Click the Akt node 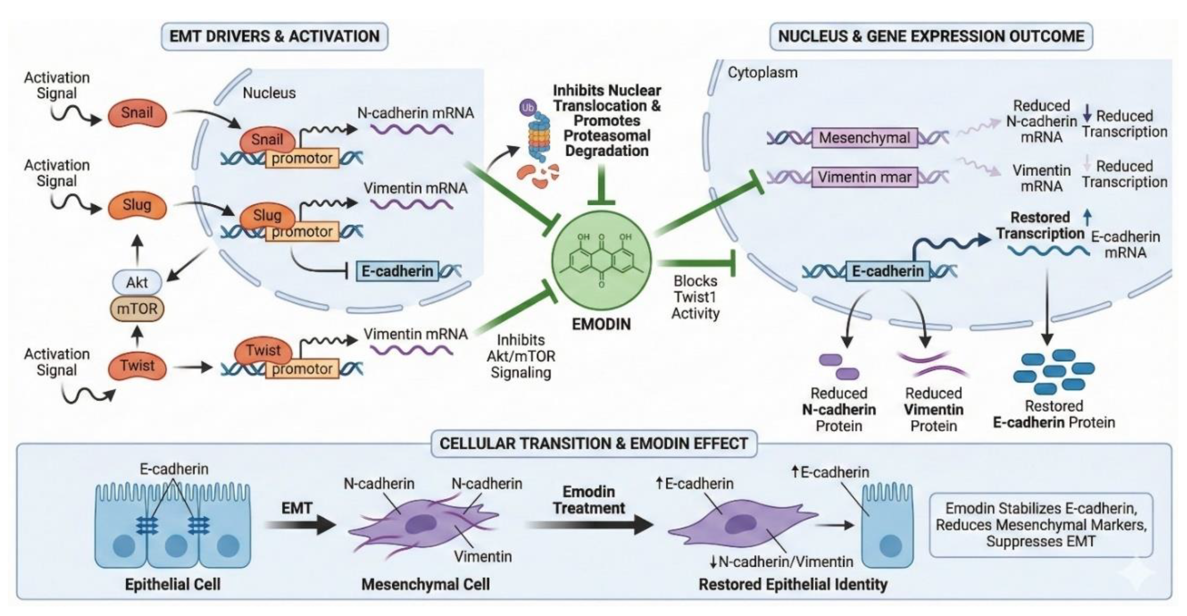[137, 282]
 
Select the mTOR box [137, 308]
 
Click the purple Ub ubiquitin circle [528, 108]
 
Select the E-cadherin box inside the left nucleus [397, 271]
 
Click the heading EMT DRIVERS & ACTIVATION [274, 36]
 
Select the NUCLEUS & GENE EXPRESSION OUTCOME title [931, 36]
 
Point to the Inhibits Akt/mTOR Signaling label [521, 356]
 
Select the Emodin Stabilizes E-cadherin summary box [1041, 525]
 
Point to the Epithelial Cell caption [173, 585]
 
